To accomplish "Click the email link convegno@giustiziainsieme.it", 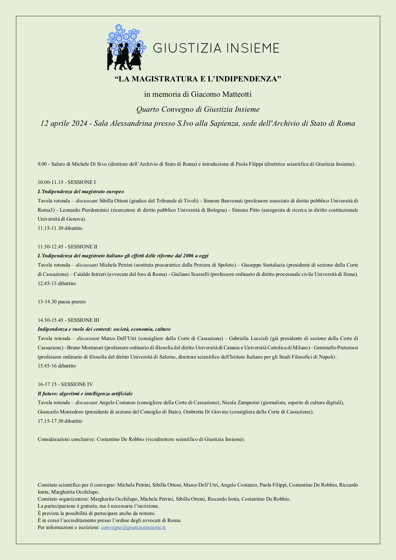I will click(x=133, y=527).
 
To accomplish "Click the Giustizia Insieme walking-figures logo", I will click(x=126, y=47).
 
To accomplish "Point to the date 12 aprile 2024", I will click(x=64, y=123).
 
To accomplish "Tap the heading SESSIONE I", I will click(x=81, y=182).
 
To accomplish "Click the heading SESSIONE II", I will click(x=82, y=247).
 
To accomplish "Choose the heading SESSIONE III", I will click(x=83, y=320).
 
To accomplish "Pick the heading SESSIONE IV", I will click(x=77, y=384).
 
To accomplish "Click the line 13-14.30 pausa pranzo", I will click(x=62, y=302).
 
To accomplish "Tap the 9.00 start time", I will click(x=42, y=164).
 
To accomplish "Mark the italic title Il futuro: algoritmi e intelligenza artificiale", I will click(x=85, y=394).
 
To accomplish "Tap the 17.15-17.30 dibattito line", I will click(x=60, y=421).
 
